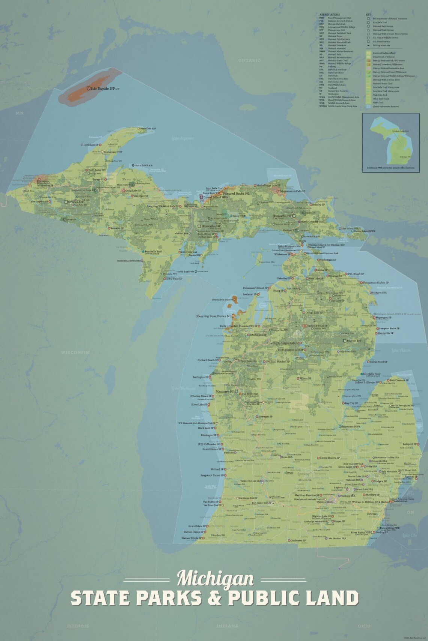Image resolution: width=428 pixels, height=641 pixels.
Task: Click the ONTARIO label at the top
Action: [x=249, y=60]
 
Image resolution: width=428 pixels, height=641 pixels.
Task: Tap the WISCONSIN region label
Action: [x=75, y=352]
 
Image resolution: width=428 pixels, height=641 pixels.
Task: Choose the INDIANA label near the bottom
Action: [x=228, y=626]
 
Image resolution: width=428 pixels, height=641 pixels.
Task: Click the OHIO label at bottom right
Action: [x=363, y=626]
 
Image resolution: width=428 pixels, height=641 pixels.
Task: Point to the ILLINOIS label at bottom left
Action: [x=78, y=626]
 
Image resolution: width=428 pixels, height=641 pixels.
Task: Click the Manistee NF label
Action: [x=225, y=392]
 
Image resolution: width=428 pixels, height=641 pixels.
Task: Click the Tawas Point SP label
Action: [x=378, y=362]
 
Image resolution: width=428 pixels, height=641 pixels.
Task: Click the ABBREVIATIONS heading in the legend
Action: [x=329, y=15]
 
